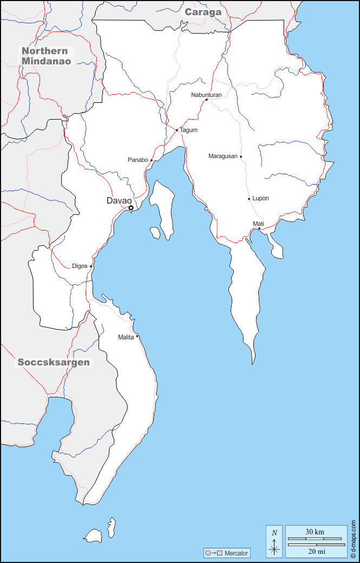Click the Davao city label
119,201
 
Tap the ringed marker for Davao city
130,208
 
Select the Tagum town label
188,130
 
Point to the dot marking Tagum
177,130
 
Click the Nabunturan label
206,95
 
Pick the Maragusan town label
222,156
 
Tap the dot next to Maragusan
241,157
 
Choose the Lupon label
260,199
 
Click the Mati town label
258,224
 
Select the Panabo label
138,160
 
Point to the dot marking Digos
91,266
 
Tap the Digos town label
79,266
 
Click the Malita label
126,337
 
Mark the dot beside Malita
137,336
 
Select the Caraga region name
203,12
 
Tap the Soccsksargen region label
54,362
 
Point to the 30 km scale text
315,532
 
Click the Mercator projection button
227,553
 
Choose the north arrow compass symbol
274,541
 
